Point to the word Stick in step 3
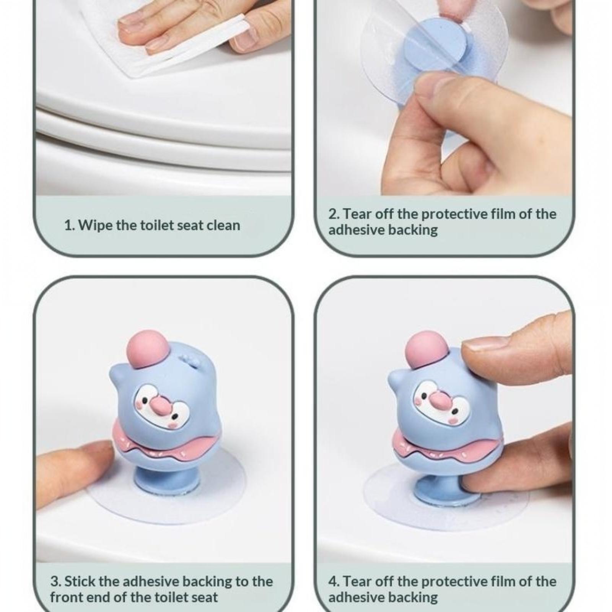pyautogui.click(x=80, y=581)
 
